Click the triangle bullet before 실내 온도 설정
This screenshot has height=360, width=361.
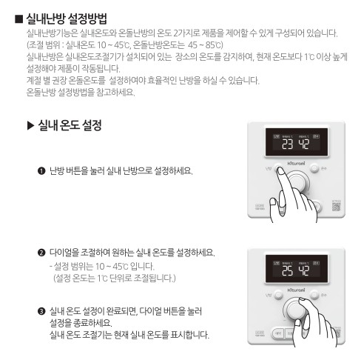[x=30, y=126]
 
